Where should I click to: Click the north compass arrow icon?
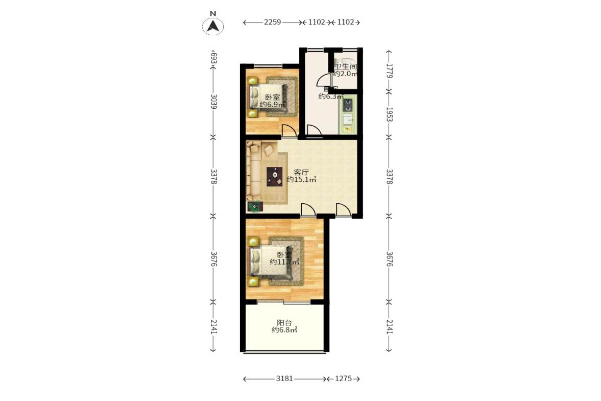[x=213, y=26]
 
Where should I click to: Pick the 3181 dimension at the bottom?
[x=284, y=379]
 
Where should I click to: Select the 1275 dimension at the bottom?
[x=344, y=379]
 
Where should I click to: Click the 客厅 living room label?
[x=301, y=172]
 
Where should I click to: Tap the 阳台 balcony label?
[x=284, y=323]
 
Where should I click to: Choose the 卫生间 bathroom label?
[x=345, y=66]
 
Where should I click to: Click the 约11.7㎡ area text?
[x=284, y=262]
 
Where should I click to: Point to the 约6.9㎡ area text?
[x=271, y=105]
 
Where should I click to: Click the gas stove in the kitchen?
[x=348, y=105]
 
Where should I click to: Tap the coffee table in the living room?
[x=275, y=176]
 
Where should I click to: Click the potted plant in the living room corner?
[x=254, y=206]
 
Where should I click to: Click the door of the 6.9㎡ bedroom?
[x=289, y=131]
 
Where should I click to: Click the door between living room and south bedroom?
[x=307, y=210]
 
